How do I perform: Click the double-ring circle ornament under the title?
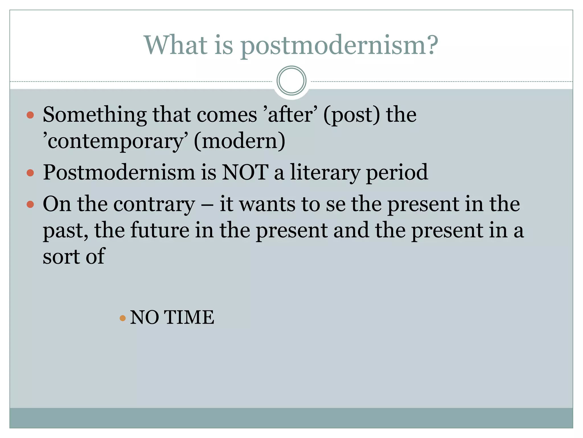point(291,80)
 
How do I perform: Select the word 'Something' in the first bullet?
point(95,115)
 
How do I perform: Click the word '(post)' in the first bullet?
point(352,115)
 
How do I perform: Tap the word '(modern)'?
point(239,141)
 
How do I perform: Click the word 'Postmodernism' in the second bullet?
point(119,173)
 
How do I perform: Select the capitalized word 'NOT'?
point(245,173)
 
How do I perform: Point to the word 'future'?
point(160,230)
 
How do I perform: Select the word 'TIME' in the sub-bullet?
point(189,317)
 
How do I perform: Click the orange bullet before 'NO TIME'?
point(123,318)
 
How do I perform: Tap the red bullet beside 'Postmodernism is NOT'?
point(30,173)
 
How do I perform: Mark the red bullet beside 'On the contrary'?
point(30,204)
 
